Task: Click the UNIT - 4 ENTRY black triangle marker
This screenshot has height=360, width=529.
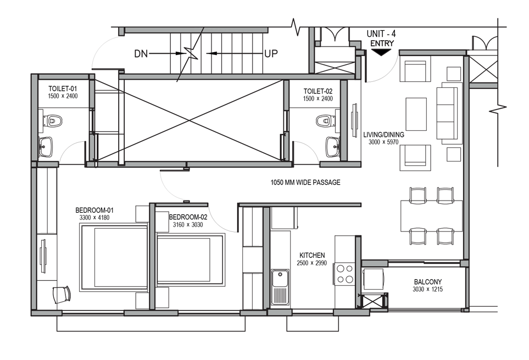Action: click(381, 52)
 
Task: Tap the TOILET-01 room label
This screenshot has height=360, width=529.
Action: click(63, 88)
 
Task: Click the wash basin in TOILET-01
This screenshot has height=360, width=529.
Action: click(46, 147)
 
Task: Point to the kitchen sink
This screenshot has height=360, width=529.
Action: click(280, 287)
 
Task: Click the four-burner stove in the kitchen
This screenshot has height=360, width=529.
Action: click(345, 274)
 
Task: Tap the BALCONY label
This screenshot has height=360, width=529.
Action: click(428, 282)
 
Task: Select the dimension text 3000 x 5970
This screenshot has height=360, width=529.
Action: click(383, 142)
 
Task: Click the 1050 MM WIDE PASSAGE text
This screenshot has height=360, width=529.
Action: click(305, 182)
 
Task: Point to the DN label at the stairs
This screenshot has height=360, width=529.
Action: click(141, 54)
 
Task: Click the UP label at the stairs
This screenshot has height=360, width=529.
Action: click(271, 54)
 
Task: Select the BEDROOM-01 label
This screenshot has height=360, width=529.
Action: click(94, 210)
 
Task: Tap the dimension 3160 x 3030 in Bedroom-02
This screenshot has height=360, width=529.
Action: click(188, 225)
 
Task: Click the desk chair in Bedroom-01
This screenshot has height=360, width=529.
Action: click(62, 295)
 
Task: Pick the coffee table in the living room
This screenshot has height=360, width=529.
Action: click(416, 114)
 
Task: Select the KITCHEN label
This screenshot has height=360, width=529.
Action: click(312, 256)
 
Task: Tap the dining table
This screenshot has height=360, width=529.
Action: click(432, 216)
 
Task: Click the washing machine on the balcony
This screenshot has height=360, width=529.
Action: click(373, 279)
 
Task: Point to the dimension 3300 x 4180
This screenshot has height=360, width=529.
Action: click(94, 218)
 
